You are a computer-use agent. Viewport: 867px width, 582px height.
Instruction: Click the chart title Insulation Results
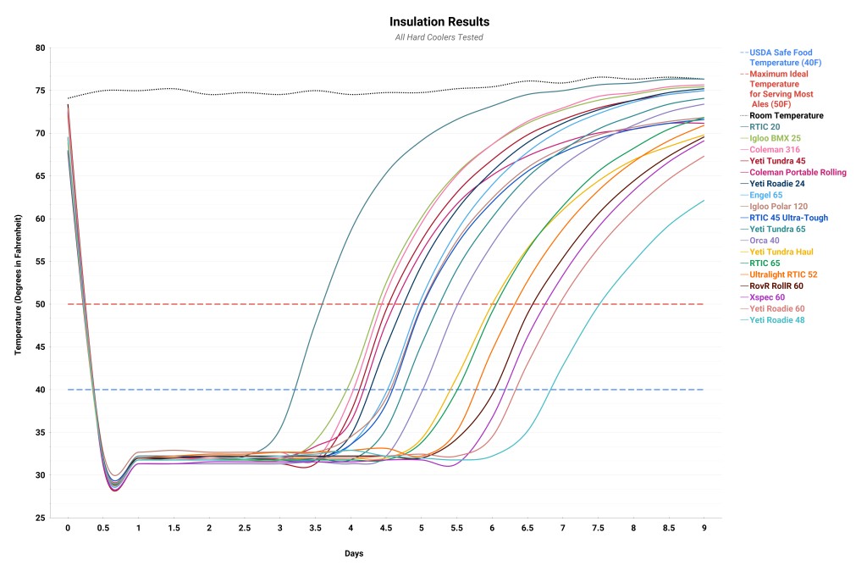[x=439, y=21]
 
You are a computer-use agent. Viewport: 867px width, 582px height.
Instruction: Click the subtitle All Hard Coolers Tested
[x=439, y=37]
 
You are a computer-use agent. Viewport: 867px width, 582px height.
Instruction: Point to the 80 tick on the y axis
[x=40, y=48]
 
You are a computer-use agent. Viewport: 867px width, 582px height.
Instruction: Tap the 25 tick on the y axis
[x=40, y=518]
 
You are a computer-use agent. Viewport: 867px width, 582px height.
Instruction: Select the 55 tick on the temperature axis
[x=40, y=262]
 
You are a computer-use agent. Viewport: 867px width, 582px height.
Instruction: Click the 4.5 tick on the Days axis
[x=386, y=528]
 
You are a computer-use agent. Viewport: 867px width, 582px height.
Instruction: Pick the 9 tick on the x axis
[x=704, y=528]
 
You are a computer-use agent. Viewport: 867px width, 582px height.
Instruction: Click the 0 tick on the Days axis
[x=68, y=528]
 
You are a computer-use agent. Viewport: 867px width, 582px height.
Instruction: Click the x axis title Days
[x=355, y=553]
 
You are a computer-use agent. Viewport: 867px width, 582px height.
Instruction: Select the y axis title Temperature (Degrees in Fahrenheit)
[x=18, y=282]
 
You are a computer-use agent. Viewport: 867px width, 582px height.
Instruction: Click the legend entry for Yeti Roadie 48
[x=777, y=320]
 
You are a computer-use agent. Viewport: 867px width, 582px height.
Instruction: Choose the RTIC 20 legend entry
[x=765, y=127]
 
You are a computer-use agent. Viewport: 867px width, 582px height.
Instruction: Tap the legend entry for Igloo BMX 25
[x=774, y=138]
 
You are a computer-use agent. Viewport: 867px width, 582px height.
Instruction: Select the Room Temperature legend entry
[x=786, y=115]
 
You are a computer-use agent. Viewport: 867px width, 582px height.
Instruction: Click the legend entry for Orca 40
[x=765, y=241]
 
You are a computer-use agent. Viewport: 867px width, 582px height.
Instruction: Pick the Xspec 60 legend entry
[x=767, y=297]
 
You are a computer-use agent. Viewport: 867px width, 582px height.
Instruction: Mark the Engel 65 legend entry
[x=767, y=195]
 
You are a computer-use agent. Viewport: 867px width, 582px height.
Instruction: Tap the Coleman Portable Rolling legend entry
[x=798, y=172]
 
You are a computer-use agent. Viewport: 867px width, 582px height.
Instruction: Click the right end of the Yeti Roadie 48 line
[x=704, y=200]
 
